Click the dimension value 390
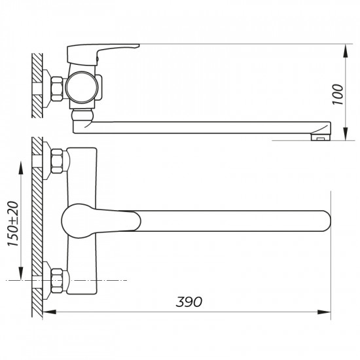[189, 302]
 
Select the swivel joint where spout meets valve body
[82, 118]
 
